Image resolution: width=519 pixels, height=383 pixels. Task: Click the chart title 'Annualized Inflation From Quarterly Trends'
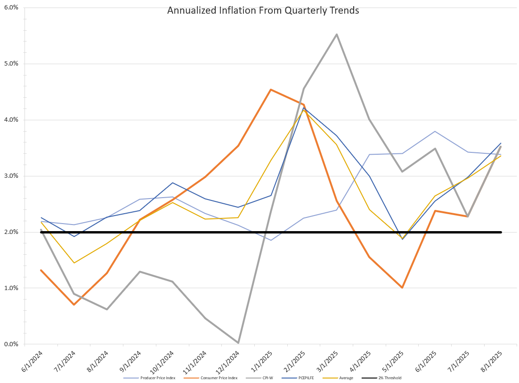pyautogui.click(x=263, y=10)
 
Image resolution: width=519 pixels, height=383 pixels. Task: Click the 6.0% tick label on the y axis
pyautogui.click(x=11, y=8)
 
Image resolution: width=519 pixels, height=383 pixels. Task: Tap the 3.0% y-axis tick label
pyautogui.click(x=11, y=176)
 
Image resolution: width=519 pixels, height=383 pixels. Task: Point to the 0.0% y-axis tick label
pyautogui.click(x=11, y=344)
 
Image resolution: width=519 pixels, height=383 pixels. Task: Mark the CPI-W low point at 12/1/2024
pyautogui.click(x=238, y=343)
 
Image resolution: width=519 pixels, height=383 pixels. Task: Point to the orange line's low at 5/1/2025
pyautogui.click(x=402, y=288)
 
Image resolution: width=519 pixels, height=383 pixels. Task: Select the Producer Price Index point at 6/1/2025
pyautogui.click(x=435, y=131)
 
